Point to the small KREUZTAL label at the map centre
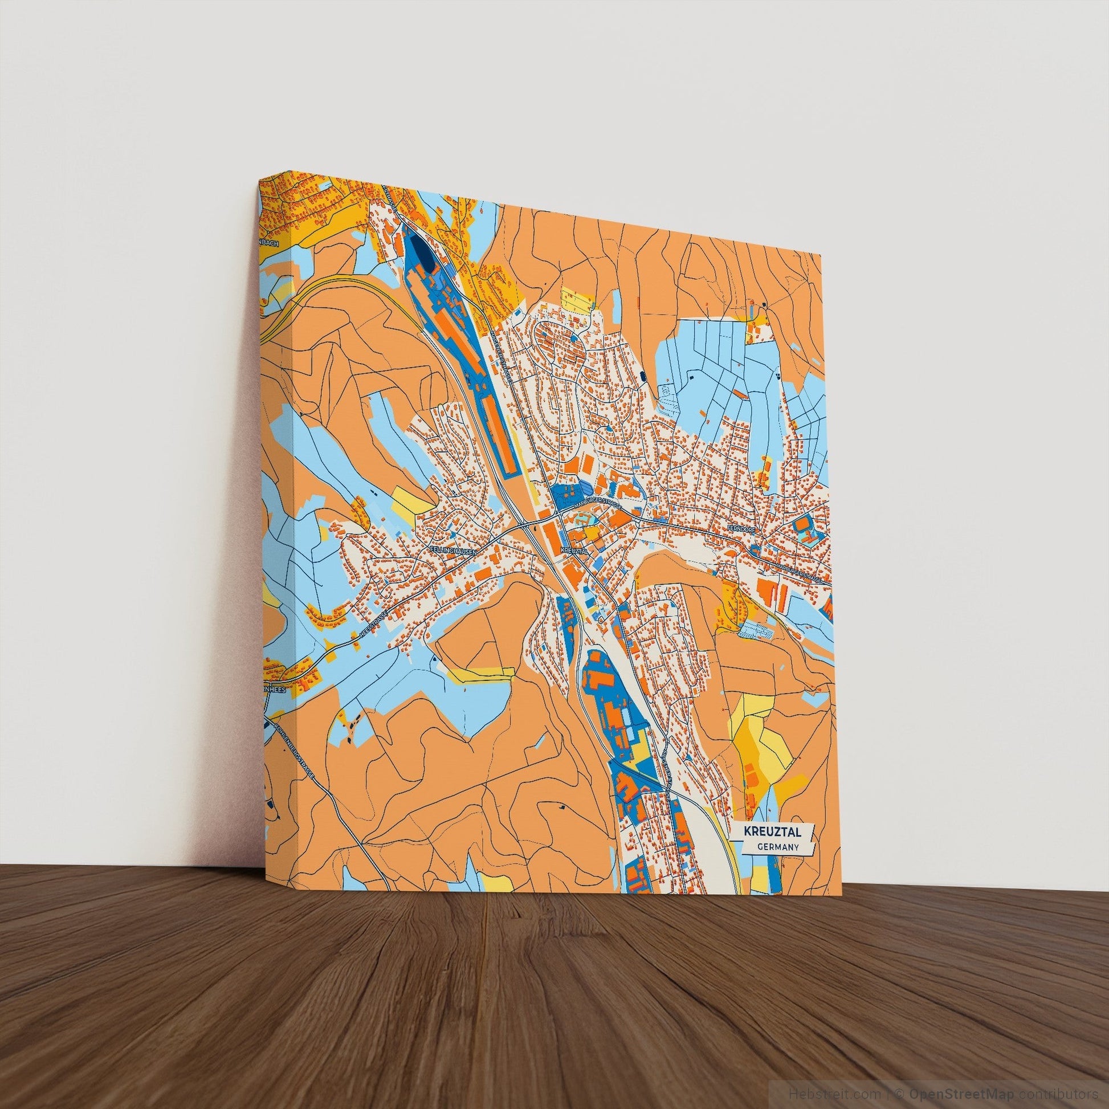click(x=574, y=551)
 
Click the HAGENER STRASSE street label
click(x=499, y=350)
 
